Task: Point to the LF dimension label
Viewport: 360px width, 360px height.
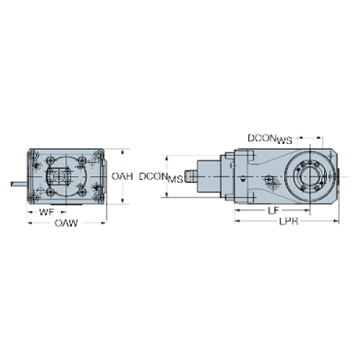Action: pyautogui.click(x=272, y=210)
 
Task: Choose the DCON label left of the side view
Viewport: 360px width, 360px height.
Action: pyautogui.click(x=151, y=176)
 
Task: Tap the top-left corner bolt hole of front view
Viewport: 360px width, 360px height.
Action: pyautogui.click(x=34, y=155)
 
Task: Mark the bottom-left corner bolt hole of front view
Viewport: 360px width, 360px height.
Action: pyautogui.click(x=34, y=198)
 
